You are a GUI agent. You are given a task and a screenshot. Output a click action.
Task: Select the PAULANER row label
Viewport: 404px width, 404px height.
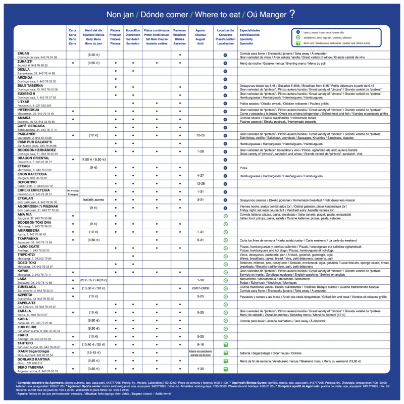click(28, 134)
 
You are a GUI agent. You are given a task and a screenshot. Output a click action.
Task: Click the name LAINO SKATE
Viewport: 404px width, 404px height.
click(29, 246)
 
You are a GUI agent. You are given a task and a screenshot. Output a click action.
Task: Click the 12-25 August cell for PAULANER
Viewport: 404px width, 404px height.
click(200, 135)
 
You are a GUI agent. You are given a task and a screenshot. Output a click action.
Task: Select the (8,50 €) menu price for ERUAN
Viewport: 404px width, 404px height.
click(93, 55)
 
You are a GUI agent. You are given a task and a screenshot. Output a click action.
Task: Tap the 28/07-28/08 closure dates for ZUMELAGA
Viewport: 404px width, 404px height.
click(200, 288)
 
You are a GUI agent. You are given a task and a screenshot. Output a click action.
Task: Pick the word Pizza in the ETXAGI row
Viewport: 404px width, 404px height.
click(243, 168)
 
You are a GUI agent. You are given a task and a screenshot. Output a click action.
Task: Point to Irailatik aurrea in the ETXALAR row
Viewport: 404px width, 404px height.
click(93, 200)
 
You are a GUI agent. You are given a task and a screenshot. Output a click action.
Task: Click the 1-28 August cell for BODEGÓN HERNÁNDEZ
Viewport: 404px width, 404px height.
click(200, 151)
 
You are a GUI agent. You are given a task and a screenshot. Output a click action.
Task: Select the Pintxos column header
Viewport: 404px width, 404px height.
click(116, 37)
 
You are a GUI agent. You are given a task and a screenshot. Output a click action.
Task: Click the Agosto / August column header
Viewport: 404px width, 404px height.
click(200, 37)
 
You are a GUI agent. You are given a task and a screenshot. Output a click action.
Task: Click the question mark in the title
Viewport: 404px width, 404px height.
click(292, 14)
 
